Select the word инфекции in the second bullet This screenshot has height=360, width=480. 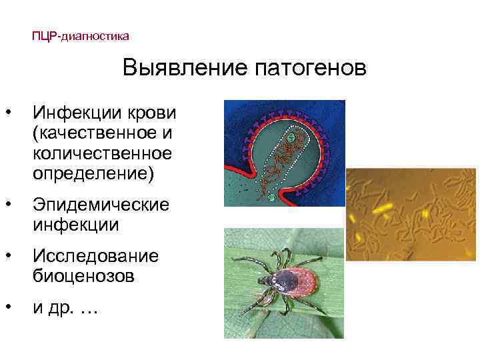pos(76,225)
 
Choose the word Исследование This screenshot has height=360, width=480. pos(96,255)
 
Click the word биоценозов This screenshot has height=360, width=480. pos(84,277)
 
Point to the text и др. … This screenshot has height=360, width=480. pos(65,308)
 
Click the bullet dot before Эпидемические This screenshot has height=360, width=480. pos(7,203)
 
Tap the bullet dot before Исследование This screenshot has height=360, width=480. pos(7,255)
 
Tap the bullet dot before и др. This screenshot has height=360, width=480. pos(7,307)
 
